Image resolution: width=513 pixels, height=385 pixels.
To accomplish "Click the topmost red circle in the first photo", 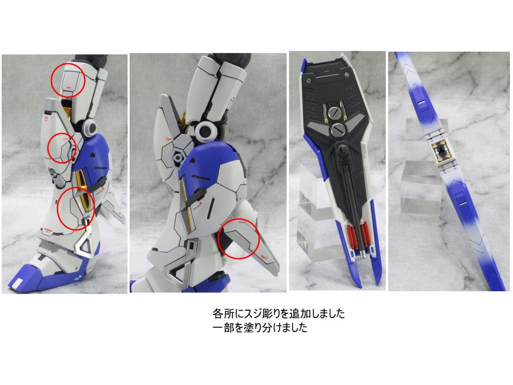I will click(x=69, y=80).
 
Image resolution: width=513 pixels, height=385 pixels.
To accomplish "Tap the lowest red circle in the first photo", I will click(x=75, y=208).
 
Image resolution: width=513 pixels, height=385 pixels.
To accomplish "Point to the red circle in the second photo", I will click(x=238, y=239).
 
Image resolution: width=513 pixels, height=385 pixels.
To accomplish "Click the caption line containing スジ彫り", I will click(x=279, y=314).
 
